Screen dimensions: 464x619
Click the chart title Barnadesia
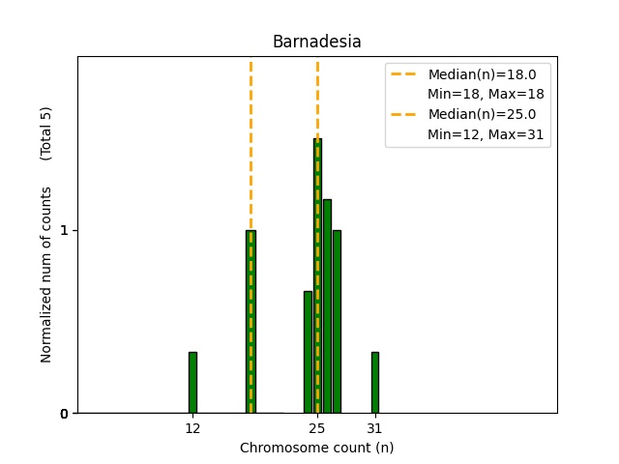[x=316, y=42]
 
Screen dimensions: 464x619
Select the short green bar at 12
[x=192, y=383]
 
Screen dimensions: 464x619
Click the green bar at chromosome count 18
[x=251, y=322]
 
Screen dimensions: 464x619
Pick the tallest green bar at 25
[x=317, y=275]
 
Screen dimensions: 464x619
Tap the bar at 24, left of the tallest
[x=308, y=352]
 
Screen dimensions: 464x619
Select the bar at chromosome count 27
[x=337, y=322]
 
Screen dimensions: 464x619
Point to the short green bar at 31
[x=374, y=383]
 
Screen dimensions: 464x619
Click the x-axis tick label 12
[x=192, y=427]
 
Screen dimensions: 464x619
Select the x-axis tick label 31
[x=374, y=427]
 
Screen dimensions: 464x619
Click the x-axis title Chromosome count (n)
[x=316, y=448]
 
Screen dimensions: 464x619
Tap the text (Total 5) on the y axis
[x=46, y=132]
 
